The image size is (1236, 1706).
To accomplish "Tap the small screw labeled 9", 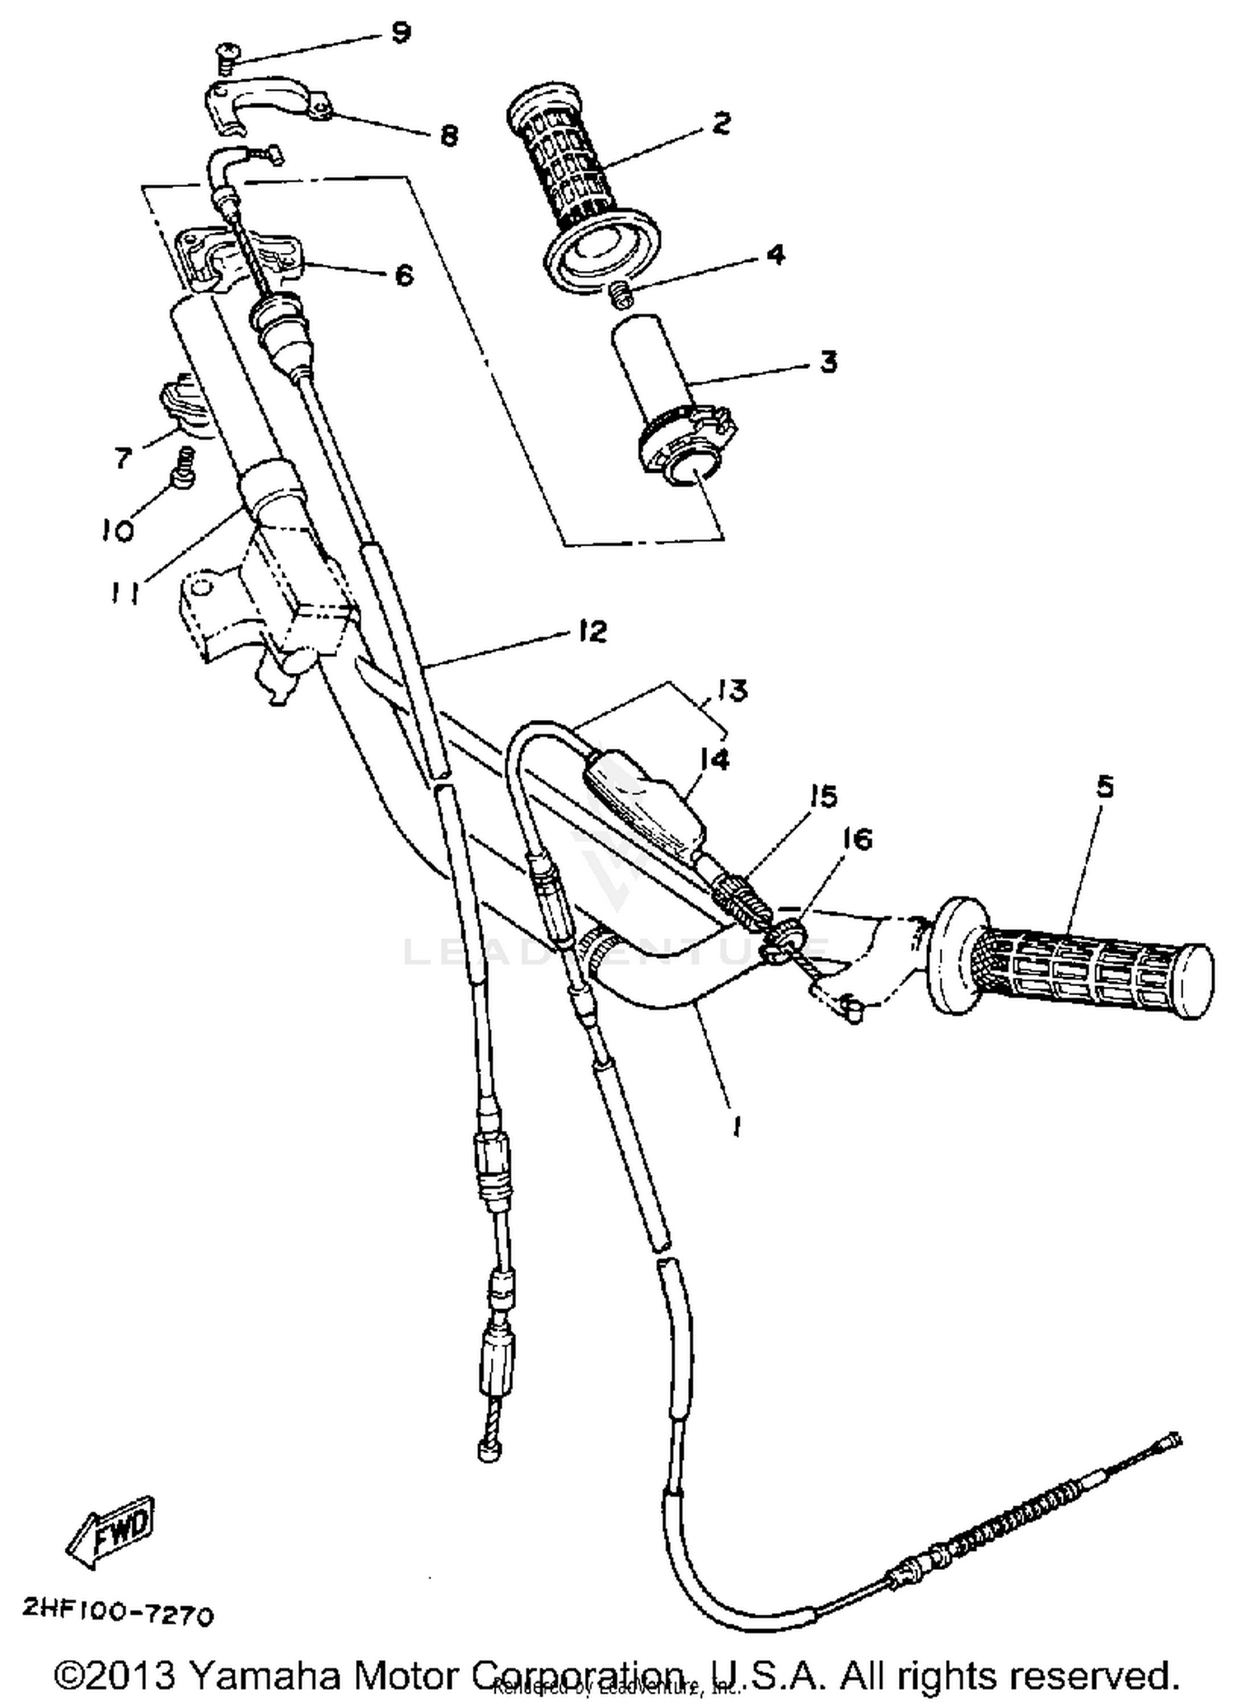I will (224, 58).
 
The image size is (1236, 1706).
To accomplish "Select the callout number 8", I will (448, 135).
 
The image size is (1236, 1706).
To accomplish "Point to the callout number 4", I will (775, 255).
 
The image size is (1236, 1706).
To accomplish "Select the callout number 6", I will (404, 275).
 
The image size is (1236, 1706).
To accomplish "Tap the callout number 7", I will (124, 457).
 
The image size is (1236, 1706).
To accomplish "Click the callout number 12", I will (592, 632).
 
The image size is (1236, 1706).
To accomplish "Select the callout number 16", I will (858, 839).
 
